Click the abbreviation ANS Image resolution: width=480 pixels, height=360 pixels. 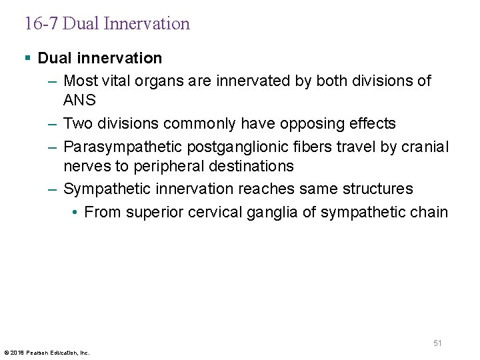[79, 101]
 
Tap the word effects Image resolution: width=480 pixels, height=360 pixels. [371, 123]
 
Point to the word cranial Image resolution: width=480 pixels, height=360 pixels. [424, 146]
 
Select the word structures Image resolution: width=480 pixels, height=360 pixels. [377, 189]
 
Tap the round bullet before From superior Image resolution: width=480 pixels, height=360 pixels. [75, 212]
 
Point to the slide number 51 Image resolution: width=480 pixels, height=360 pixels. [437, 343]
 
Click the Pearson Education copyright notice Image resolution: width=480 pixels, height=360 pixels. [47, 352]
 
